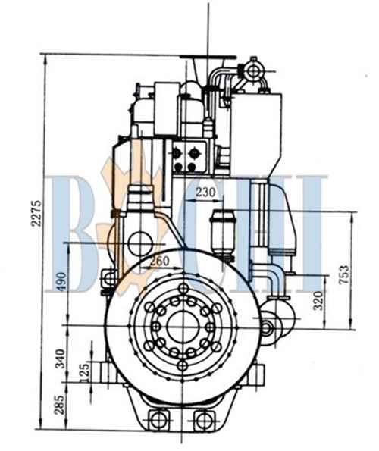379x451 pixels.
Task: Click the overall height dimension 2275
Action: pos(36,213)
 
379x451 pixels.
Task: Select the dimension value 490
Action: pos(61,281)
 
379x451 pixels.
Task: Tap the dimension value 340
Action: pos(61,359)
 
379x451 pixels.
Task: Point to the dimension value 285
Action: pos(60,405)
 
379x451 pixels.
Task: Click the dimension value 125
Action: pos(85,373)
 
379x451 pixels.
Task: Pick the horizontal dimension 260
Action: pos(160,262)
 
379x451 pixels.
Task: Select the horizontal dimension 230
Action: pos(205,192)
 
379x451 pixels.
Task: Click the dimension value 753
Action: pos(343,274)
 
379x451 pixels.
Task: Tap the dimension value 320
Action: pos(318,301)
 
